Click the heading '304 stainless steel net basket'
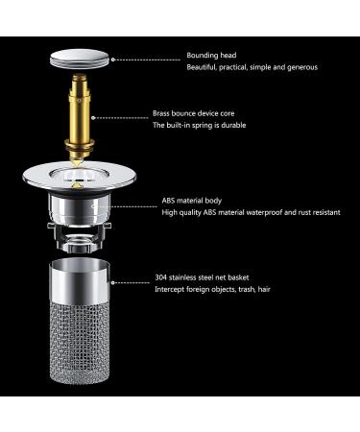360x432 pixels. pos(206,279)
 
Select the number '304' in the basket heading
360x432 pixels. pos(162,279)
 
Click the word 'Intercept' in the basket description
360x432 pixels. pos(171,292)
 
